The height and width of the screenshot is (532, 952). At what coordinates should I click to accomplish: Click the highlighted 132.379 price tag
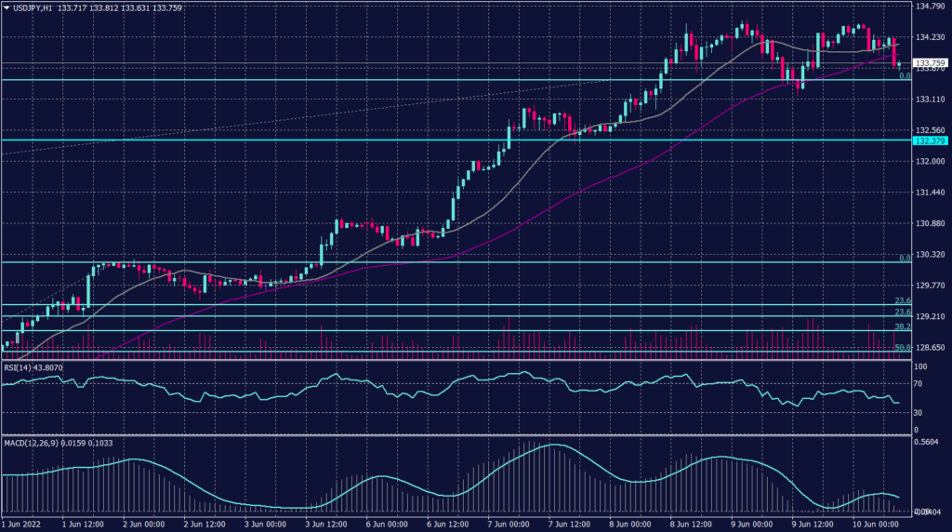pos(931,140)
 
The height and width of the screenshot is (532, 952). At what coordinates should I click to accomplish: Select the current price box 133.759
pos(931,62)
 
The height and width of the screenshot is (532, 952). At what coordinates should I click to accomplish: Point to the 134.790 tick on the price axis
pos(930,7)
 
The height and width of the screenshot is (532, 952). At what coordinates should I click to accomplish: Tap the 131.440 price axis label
pos(930,193)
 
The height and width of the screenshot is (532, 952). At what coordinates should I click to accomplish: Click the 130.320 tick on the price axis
pos(930,255)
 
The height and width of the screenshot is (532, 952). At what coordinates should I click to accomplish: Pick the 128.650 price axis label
pos(930,347)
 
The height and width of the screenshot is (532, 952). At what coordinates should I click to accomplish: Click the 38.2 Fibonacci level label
pos(902,327)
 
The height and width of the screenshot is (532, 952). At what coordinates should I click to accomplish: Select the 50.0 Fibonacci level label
pos(902,348)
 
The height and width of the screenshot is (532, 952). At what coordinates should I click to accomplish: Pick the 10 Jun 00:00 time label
pos(876,525)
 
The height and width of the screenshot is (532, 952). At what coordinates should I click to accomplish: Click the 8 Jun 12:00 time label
pos(692,525)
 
